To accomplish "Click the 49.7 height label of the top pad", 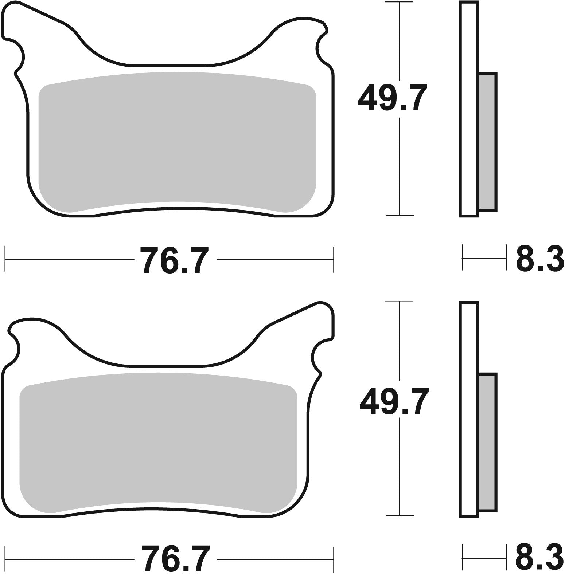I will tap(392, 97).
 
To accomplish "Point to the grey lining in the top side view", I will tap(487, 141).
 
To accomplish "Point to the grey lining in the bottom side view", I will tap(487, 441).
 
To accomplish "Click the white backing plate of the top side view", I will tap(469, 109).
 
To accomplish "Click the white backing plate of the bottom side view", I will tap(469, 408).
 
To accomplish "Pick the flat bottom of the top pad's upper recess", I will tap(169, 66).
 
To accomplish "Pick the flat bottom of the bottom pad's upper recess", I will tap(166, 365).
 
